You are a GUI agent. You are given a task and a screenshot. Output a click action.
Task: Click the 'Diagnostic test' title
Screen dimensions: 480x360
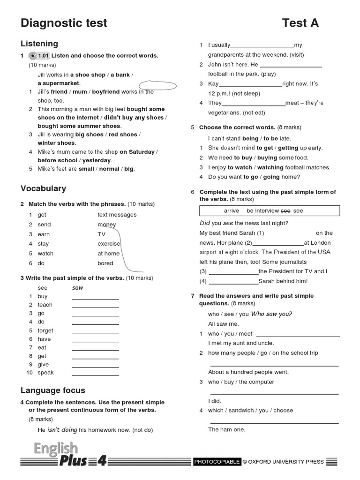pos(64,22)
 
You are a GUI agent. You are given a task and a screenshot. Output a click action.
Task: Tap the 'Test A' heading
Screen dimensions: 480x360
pos(300,22)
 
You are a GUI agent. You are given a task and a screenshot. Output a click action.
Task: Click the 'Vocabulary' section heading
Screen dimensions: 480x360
pos(43,188)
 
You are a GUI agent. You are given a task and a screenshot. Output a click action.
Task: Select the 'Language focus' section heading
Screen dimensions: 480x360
pos(53,390)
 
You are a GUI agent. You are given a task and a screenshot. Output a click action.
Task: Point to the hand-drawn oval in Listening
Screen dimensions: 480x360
pos(157,86)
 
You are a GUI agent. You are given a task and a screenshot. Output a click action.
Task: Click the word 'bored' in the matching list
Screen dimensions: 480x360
pos(105,263)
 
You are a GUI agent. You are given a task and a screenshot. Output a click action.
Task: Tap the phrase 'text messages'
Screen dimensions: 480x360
pos(117,215)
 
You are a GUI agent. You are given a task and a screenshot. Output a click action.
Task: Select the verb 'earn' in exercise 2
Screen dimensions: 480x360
pos(44,234)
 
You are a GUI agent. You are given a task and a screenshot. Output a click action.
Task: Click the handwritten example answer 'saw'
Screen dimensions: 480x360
pos(77,288)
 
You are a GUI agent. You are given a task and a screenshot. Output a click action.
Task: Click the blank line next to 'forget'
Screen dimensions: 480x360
pos(95,332)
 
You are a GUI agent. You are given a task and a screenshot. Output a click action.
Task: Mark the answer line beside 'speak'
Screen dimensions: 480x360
pos(95,375)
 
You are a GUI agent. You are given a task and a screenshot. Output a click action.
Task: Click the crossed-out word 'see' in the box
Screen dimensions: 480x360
pos(286,211)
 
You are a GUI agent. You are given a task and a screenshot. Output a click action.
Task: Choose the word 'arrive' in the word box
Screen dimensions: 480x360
pos(232,211)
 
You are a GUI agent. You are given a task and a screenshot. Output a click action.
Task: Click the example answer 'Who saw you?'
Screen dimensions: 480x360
pos(271,314)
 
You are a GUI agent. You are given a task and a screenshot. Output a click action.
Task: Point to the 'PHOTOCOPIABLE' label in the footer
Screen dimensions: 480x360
pos(217,462)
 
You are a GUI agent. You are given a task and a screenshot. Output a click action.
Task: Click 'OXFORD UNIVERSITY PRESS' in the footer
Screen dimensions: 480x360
pos(286,462)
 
